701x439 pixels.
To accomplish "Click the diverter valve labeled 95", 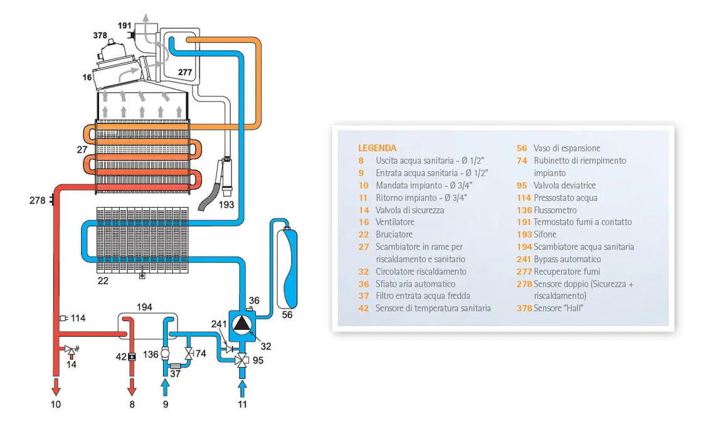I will click(x=241, y=361).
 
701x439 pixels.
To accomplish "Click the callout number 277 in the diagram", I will click(x=185, y=73).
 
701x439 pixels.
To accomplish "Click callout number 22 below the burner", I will click(x=103, y=281).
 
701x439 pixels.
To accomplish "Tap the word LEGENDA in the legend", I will click(x=377, y=148).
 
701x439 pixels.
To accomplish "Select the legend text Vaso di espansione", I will click(x=567, y=148).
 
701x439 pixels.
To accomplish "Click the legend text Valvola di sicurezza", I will click(x=409, y=209).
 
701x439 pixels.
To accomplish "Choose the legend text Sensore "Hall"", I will click(x=558, y=308).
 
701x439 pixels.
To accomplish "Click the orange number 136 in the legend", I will click(x=524, y=209).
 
